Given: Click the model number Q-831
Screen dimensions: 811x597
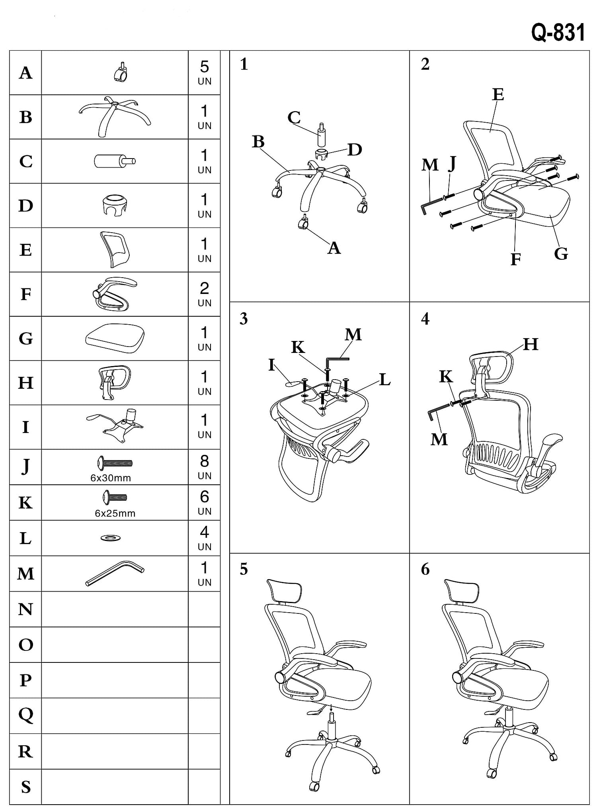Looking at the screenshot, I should (x=558, y=33).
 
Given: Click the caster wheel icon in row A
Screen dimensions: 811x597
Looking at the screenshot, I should (x=121, y=73).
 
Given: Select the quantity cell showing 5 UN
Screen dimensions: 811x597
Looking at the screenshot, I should (x=204, y=72).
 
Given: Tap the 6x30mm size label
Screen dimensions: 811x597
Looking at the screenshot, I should (x=111, y=478).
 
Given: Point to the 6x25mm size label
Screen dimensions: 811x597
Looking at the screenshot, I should (x=115, y=513).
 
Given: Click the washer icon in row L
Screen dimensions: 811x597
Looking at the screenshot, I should (x=111, y=538).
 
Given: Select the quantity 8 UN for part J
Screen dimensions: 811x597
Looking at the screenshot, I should (x=204, y=467).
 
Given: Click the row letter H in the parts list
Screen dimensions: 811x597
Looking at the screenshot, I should (x=25, y=383).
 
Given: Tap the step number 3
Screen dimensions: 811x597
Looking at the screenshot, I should (x=244, y=319).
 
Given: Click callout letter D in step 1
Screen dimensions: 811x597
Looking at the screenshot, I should (x=355, y=150).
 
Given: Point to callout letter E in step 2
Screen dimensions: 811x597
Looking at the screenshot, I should (x=498, y=95).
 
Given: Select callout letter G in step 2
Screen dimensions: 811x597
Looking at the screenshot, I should (x=561, y=254).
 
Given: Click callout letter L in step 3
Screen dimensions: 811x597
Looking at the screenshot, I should (x=384, y=380).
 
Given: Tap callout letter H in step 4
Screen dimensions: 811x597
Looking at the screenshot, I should (x=531, y=345).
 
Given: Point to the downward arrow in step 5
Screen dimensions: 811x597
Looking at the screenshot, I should (x=332, y=707).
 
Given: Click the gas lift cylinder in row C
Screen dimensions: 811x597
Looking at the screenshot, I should (x=115, y=161).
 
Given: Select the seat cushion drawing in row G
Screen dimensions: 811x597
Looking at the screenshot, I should (x=115, y=338).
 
